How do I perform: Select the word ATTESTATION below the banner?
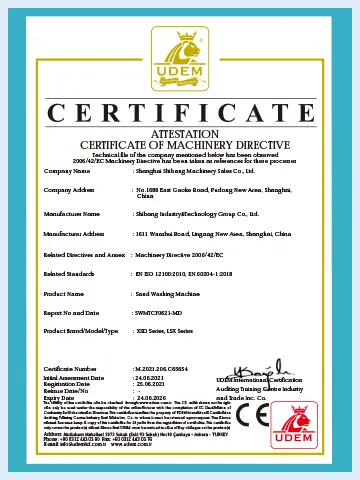point(180,133)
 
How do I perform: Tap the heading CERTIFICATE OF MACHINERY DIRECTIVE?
point(180,144)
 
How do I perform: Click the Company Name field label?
point(67,170)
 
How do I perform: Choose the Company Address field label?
point(70,189)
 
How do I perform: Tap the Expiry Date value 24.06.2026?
point(151,395)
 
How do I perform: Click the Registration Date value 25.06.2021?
point(151,383)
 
